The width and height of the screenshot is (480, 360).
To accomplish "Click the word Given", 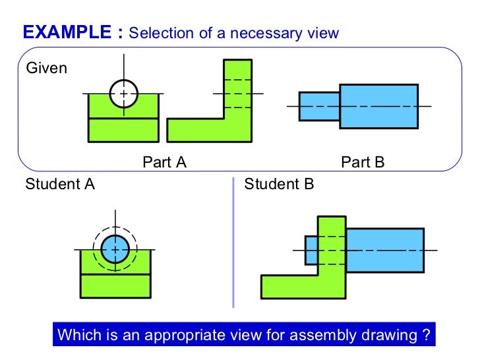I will coord(46,68).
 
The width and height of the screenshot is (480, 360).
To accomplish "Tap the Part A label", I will coord(165,162).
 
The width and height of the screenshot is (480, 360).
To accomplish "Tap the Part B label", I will coord(363,162).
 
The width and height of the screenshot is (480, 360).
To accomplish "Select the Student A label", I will coord(60,185).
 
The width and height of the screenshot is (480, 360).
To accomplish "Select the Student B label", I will coord(279,185).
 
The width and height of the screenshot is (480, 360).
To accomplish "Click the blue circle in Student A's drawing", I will coord(115,249).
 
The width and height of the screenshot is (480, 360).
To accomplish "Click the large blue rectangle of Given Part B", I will coord(378,106).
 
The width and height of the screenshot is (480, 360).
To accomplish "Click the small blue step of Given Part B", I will coord(319,106).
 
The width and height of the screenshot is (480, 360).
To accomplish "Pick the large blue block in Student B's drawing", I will coord(384,250).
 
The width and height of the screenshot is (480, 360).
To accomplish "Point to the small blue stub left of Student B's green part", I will coord(311,250).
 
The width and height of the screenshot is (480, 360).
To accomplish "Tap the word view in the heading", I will coord(324,33).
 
